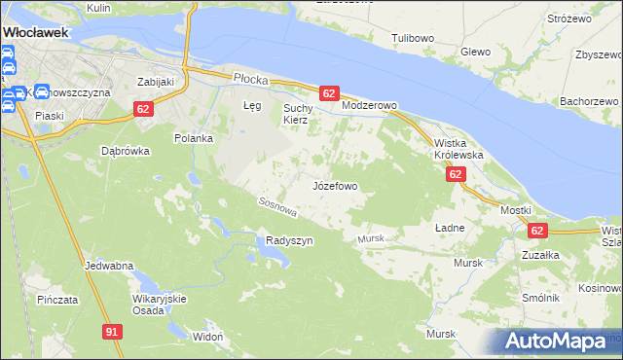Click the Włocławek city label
(x=35, y=31)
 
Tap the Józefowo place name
(x=336, y=185)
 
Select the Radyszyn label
(x=289, y=240)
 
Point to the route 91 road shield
(x=112, y=333)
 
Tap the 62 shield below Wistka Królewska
(x=456, y=174)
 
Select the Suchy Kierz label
(x=296, y=114)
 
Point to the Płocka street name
(x=249, y=77)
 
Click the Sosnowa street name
(x=276, y=207)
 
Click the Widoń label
(x=208, y=336)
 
